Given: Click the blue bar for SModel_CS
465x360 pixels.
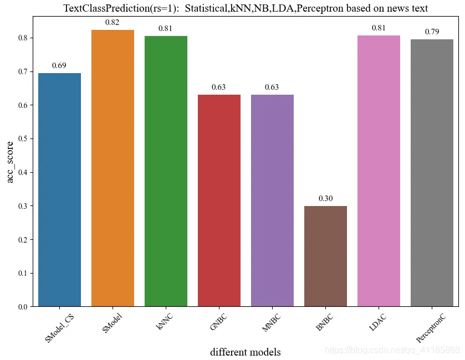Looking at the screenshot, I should [x=59, y=190].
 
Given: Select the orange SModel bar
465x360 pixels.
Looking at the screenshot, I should [x=113, y=168].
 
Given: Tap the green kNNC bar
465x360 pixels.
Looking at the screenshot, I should [x=166, y=171].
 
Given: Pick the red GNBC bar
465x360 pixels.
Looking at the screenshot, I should [x=219, y=200].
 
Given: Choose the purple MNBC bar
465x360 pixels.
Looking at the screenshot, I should [x=272, y=200].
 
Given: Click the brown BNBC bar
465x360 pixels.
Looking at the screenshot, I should [x=325, y=256].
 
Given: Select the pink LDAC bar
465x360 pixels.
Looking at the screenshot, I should [x=379, y=171].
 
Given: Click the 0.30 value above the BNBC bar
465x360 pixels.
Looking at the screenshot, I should [x=325, y=198].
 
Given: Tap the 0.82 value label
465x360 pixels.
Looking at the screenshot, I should [x=113, y=22].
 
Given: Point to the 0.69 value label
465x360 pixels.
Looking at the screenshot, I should [x=59, y=66].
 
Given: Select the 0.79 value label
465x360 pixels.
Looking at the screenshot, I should [x=432, y=32].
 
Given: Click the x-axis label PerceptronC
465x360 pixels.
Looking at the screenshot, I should [x=430, y=328].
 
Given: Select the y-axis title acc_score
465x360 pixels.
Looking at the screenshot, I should [x=10, y=162].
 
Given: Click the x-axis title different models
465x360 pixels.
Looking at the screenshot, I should [x=245, y=352].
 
